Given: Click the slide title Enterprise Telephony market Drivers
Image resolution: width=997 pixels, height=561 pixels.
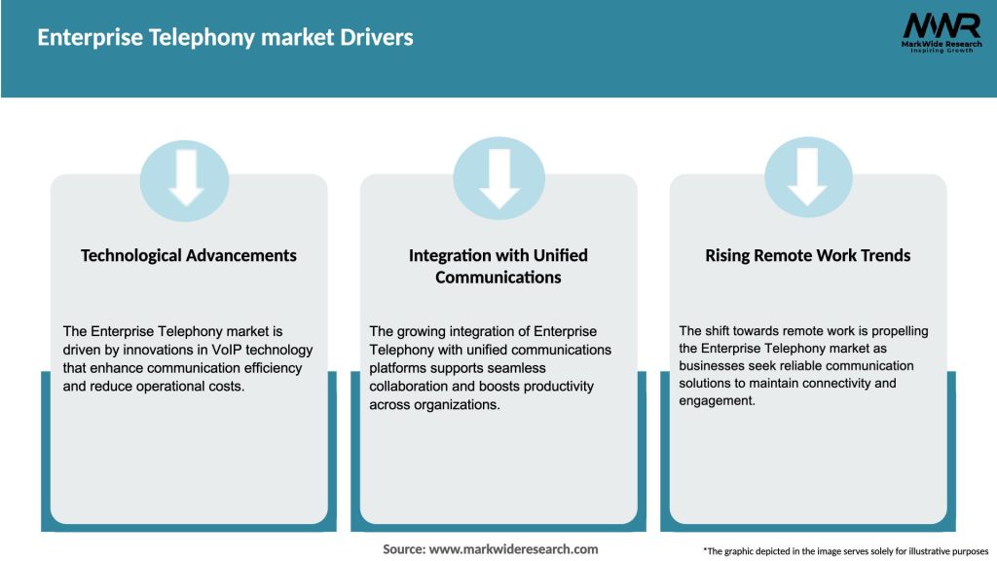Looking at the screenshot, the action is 225,38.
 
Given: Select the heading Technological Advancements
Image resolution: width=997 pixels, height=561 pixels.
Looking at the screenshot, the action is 189,255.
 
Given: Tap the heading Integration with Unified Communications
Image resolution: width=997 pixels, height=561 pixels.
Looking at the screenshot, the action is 498,266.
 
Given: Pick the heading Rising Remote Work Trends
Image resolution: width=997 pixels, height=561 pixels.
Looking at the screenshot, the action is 808,255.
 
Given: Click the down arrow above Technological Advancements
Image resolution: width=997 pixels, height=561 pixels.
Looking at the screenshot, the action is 185,181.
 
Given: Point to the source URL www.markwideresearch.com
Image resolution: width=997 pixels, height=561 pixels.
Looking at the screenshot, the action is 514,549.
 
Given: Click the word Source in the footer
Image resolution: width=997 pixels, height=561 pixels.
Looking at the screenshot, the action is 403,549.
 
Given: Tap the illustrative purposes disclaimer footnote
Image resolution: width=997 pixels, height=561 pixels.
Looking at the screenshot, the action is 845,551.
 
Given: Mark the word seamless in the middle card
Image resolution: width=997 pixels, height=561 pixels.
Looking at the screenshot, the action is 520,368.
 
